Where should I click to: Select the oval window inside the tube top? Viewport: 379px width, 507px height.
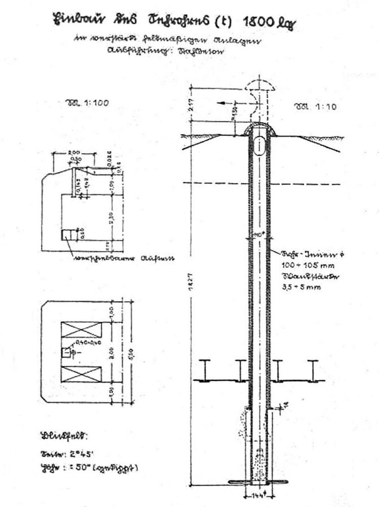pos(259,145)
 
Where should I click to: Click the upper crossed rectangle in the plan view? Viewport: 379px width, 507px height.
pos(81,330)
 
